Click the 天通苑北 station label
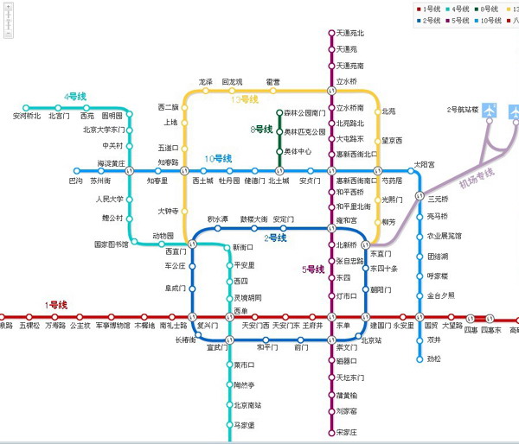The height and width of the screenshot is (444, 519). click(x=350, y=34)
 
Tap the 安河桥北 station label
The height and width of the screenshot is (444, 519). click(x=26, y=115)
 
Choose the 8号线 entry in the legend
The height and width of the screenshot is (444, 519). click(x=488, y=9)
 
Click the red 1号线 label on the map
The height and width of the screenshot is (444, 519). click(x=56, y=305)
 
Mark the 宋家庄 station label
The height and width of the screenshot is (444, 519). click(x=348, y=432)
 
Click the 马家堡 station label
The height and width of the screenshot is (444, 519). click(x=245, y=426)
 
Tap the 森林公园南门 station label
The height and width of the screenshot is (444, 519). click(x=305, y=113)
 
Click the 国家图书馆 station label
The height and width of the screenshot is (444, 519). click(x=111, y=244)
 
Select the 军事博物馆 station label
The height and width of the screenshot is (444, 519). click(x=112, y=326)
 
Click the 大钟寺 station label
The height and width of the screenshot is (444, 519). click(x=167, y=210)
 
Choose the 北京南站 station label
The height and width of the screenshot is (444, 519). click(x=247, y=405)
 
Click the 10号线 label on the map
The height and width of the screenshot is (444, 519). click(x=218, y=159)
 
